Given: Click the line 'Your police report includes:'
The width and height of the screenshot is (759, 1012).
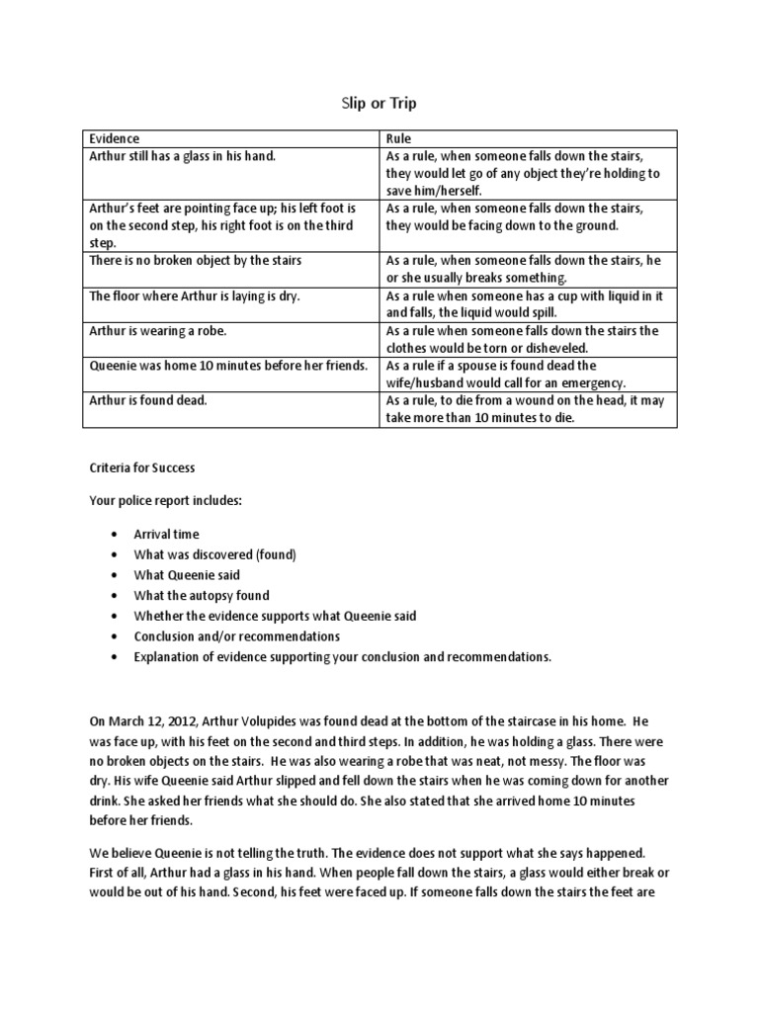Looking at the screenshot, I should click(x=165, y=501).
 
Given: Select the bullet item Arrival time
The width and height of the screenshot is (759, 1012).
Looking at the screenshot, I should click(x=166, y=535).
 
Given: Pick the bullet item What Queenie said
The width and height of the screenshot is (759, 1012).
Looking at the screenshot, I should click(x=187, y=575).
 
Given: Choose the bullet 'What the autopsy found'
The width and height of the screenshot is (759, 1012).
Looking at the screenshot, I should click(x=202, y=596).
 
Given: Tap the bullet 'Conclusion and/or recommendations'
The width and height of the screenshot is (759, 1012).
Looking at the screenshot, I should click(x=236, y=636).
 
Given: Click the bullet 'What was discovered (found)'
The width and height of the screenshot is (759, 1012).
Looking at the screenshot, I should click(x=214, y=555).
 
